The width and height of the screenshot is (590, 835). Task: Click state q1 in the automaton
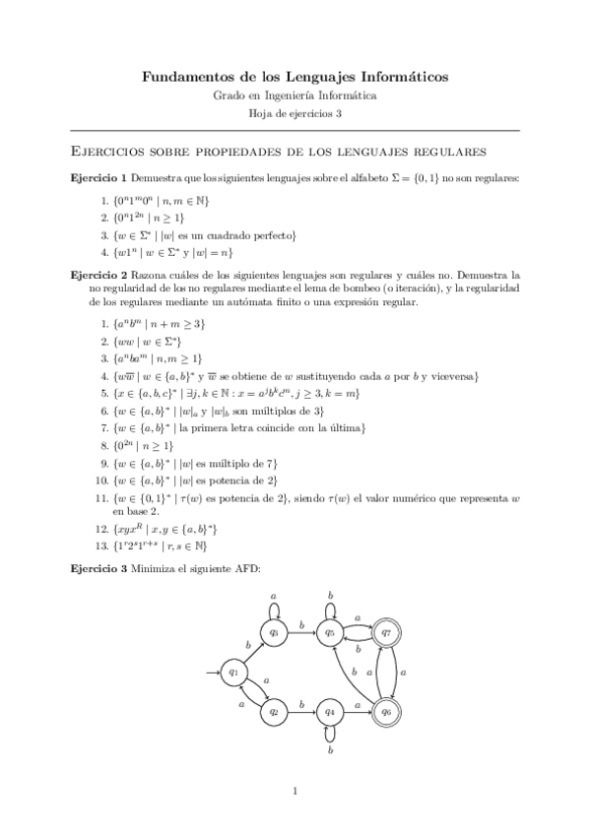tap(234, 673)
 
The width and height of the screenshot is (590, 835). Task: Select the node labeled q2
tap(277, 710)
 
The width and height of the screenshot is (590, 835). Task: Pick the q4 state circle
tap(332, 710)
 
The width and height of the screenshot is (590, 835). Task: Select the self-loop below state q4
tap(332, 738)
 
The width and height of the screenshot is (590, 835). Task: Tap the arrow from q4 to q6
tap(359, 710)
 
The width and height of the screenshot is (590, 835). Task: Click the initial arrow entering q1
tap(213, 673)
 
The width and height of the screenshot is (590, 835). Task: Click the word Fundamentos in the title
tap(184, 76)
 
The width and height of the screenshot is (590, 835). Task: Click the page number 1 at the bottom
tap(295, 791)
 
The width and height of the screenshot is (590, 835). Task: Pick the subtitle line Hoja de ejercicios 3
tap(295, 114)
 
